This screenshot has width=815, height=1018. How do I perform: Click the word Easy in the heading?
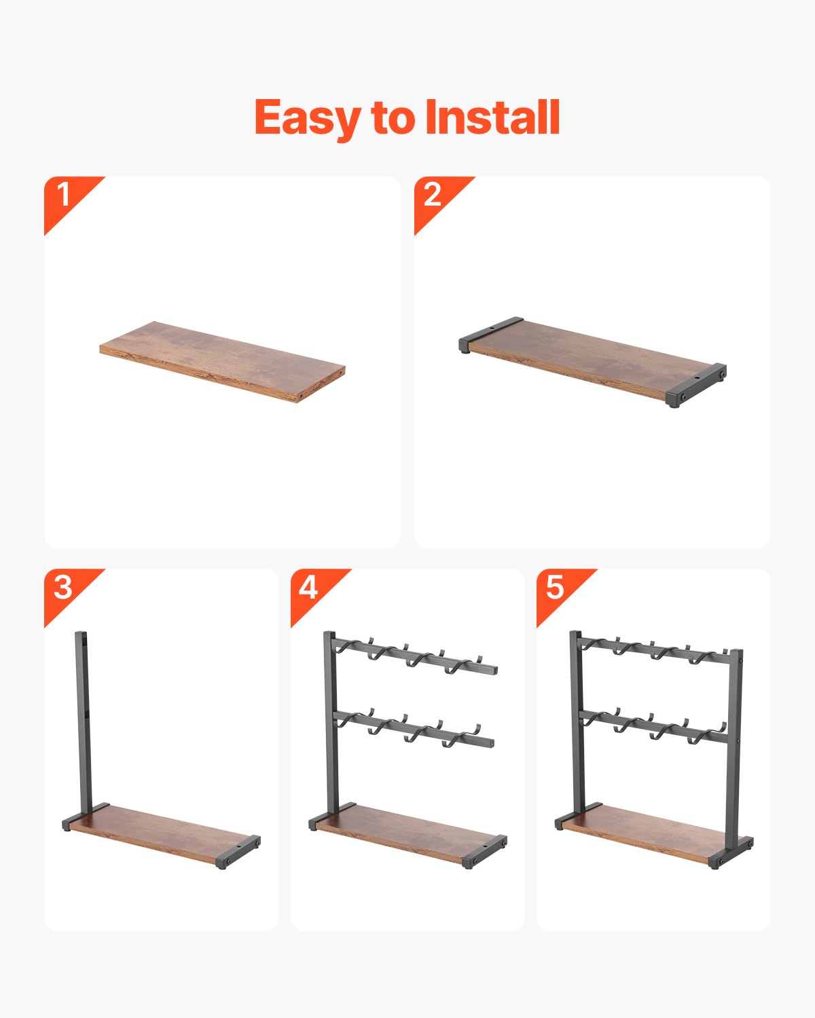308,118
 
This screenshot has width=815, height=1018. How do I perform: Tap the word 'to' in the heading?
393,118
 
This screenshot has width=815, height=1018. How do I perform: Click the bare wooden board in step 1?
222,362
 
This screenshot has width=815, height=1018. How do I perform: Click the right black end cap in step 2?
696,385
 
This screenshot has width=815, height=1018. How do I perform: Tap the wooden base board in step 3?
161,835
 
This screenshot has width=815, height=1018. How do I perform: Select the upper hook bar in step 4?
414,655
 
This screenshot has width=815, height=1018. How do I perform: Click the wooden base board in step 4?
407,835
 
